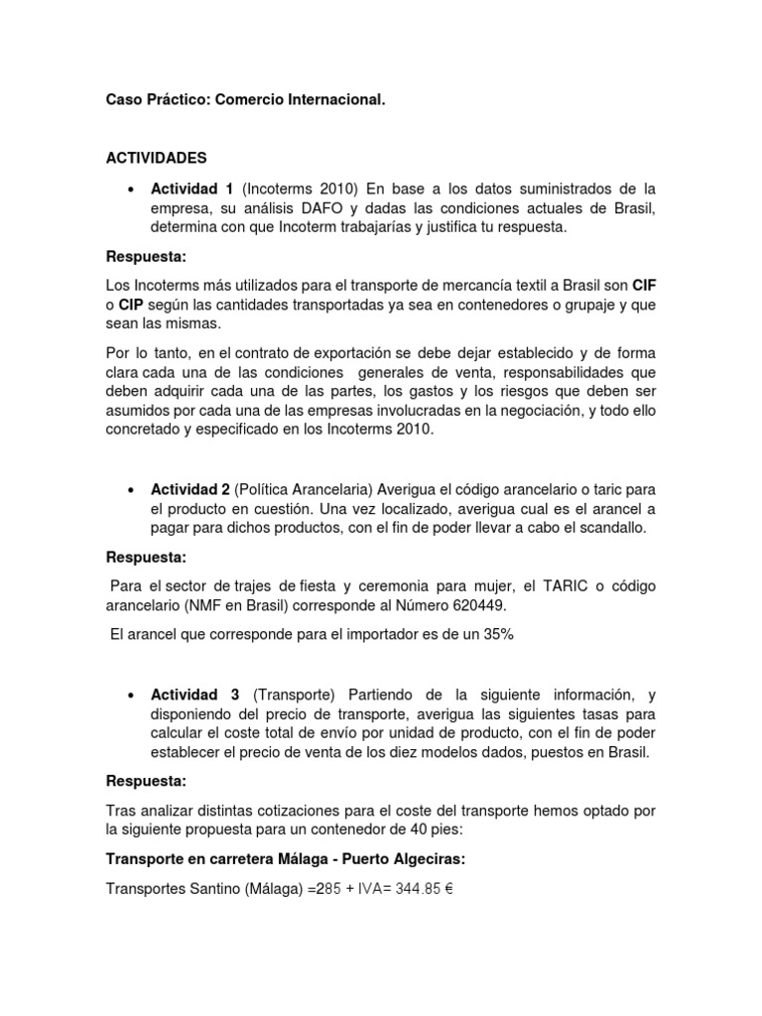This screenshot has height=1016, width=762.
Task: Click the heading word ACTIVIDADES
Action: (156, 158)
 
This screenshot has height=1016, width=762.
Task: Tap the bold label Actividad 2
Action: (190, 490)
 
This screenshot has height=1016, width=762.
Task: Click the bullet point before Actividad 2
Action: (131, 491)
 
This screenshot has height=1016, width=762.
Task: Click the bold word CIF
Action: (645, 286)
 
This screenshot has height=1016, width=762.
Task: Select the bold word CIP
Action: (133, 305)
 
